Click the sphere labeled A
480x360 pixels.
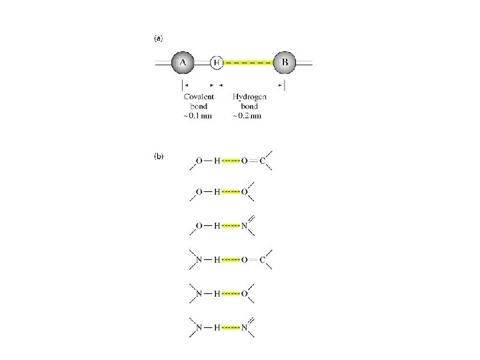183,63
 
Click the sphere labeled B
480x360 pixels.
285,63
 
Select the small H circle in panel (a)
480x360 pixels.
216,63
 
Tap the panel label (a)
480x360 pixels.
159,38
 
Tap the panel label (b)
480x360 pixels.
159,157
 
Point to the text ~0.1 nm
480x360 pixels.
197,115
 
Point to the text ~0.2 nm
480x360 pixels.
247,115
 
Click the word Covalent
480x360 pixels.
199,97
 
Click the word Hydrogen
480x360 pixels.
248,97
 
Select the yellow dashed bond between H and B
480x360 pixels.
248,63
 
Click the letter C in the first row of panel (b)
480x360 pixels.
262,161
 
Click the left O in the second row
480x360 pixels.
198,193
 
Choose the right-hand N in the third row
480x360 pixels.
245,227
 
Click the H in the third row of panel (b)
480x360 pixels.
216,227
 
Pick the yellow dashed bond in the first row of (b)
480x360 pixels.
231,161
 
